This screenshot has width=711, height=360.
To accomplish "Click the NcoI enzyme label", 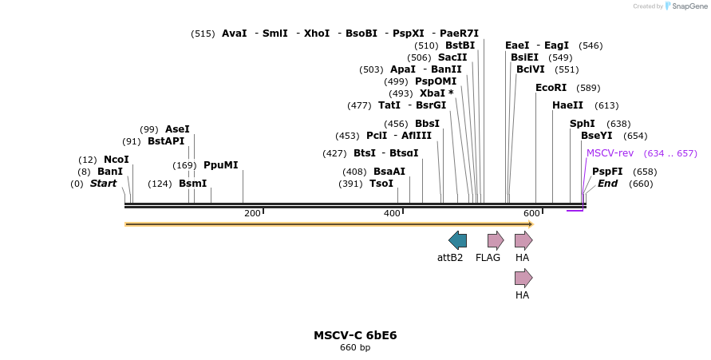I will (x=117, y=160).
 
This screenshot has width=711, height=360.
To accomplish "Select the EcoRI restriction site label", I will (x=551, y=88).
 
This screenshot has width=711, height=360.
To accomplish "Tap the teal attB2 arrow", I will (x=457, y=240).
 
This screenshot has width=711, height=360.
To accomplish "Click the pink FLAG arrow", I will (x=496, y=240).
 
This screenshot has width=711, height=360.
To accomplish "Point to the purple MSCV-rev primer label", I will (x=610, y=153).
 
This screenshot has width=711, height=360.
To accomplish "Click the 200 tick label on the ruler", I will (x=252, y=213).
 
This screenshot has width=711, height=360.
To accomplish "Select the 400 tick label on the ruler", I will (x=392, y=213).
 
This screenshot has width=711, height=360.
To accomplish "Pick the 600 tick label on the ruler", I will (x=531, y=213).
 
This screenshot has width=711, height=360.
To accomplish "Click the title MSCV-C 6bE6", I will (x=355, y=335).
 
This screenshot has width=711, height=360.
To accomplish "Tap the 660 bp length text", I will (x=355, y=347).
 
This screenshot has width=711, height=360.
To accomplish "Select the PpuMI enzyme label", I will (x=221, y=165).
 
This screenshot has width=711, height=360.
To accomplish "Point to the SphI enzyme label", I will (x=583, y=124).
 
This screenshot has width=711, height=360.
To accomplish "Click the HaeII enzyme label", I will (x=567, y=105).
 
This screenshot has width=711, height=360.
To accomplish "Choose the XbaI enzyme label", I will (x=436, y=93).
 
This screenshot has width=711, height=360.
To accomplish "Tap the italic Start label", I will (x=103, y=184).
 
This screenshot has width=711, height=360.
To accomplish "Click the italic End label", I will (x=608, y=184).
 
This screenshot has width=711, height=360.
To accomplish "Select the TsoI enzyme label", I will (x=381, y=184).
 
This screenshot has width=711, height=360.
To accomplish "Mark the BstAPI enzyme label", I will (x=166, y=141).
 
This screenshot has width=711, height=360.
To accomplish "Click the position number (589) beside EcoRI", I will (x=588, y=88).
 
